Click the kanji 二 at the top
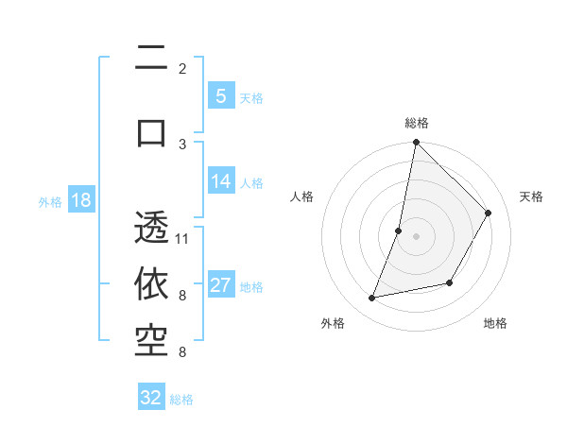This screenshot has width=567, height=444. (151, 61)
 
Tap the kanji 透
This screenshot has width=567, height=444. (151, 230)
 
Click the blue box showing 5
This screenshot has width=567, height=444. (220, 96)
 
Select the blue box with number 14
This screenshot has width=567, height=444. (220, 182)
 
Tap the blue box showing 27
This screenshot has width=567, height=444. (220, 286)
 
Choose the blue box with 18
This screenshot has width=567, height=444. (80, 201)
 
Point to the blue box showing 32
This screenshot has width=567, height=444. (151, 398)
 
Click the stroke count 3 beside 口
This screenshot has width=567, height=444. (182, 144)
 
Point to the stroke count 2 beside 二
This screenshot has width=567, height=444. (182, 69)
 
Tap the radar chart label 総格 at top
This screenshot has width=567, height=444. (416, 123)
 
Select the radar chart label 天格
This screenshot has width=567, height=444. (531, 196)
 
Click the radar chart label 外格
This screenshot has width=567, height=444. (332, 323)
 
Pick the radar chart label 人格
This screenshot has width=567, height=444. (301, 196)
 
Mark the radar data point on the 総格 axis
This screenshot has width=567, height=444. (416, 142)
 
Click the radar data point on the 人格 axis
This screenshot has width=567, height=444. (399, 231)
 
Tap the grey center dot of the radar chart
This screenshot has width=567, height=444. (416, 236)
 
